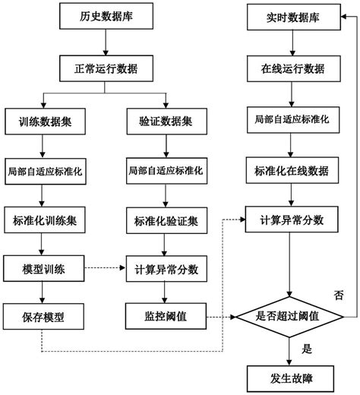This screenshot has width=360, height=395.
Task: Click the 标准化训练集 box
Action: click(44, 220)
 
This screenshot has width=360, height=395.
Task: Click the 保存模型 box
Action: click(44, 316)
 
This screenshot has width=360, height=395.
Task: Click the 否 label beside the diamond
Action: click(339, 292)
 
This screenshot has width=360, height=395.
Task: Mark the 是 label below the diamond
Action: click(308, 350)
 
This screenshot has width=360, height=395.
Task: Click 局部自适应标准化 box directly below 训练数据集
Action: click(44, 170)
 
